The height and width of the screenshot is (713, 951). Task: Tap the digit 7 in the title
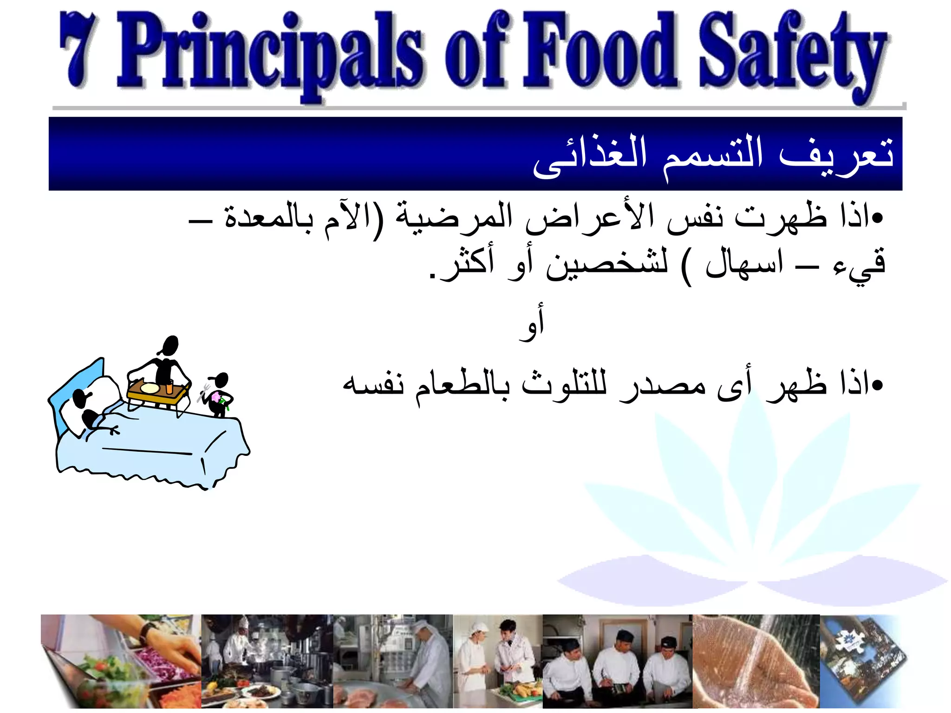coord(79,51)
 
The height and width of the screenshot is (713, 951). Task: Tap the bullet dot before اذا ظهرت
coord(877,218)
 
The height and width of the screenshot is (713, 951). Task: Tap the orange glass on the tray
coord(169,387)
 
